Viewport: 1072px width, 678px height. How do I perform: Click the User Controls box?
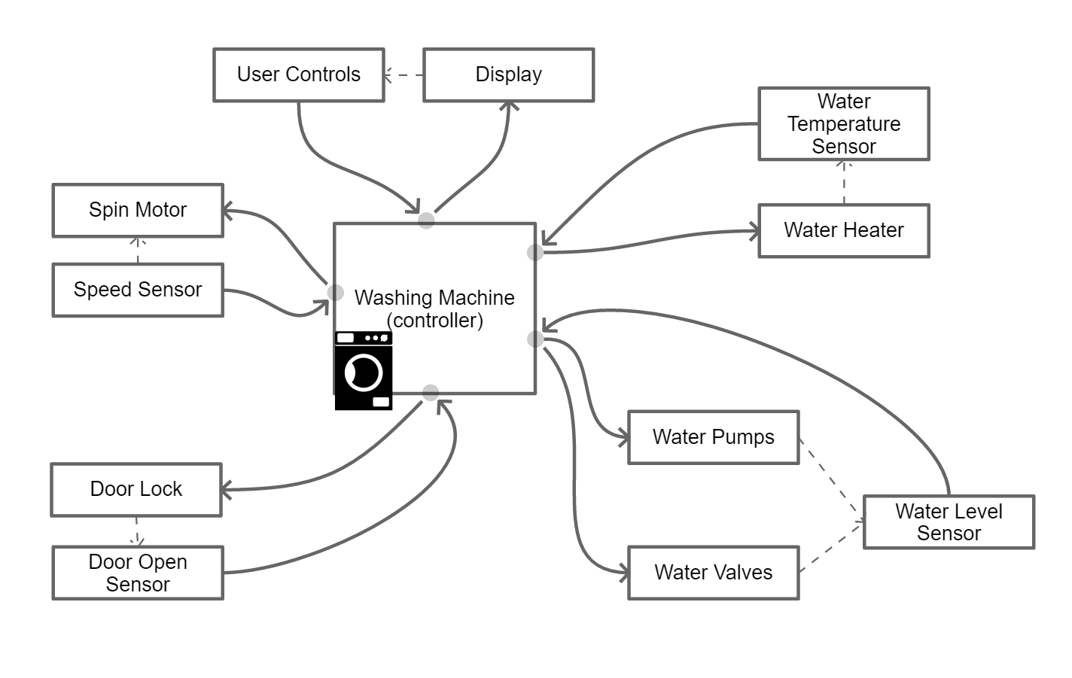pyautogui.click(x=299, y=74)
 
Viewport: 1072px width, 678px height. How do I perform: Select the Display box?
pyautogui.click(x=509, y=74)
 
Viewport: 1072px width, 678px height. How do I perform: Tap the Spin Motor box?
pyautogui.click(x=138, y=210)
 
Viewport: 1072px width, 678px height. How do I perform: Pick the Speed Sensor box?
pyautogui.click(x=138, y=290)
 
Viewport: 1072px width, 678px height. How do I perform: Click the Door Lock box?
pyautogui.click(x=136, y=489)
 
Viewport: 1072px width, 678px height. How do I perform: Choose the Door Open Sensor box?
pyautogui.click(x=138, y=573)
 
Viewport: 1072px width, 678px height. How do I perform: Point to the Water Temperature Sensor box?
pyautogui.click(x=844, y=123)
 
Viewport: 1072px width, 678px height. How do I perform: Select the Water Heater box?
pyautogui.click(x=844, y=230)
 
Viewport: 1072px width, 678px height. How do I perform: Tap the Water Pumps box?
pyautogui.click(x=714, y=437)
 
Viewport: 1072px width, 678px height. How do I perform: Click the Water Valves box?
pyautogui.click(x=714, y=573)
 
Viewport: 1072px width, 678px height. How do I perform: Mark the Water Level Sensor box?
pyautogui.click(x=949, y=522)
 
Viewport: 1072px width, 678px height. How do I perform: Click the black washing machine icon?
pyautogui.click(x=364, y=371)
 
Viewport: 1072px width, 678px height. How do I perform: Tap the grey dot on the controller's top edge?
pyautogui.click(x=427, y=220)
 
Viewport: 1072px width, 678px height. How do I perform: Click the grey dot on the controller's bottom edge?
pyautogui.click(x=431, y=393)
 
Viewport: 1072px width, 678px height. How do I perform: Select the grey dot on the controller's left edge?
pyautogui.click(x=336, y=293)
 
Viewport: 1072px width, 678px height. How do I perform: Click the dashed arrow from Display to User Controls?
pyautogui.click(x=404, y=75)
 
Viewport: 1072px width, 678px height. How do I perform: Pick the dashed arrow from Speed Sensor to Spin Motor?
pyautogui.click(x=138, y=250)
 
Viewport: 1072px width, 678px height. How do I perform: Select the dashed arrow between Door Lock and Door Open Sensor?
pyautogui.click(x=137, y=531)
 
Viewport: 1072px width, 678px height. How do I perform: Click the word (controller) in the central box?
pyautogui.click(x=435, y=321)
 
